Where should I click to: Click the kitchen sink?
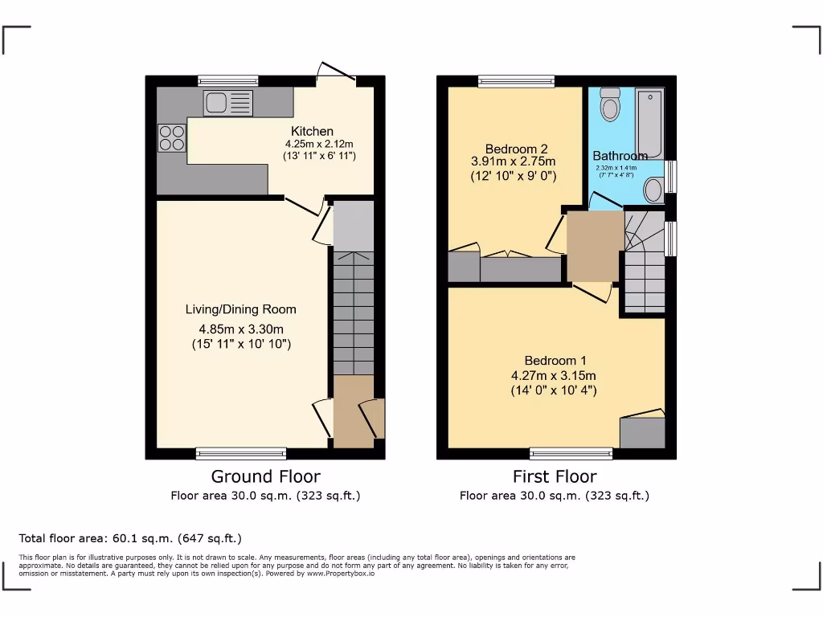tap(227, 103)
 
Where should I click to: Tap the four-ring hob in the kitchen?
tap(171, 137)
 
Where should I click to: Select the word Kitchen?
tap(312, 132)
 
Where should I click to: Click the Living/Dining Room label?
tap(240, 309)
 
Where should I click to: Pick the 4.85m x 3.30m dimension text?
tap(240, 329)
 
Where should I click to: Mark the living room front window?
tap(241, 453)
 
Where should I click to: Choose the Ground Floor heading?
tap(265, 476)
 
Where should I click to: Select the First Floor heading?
tap(555, 476)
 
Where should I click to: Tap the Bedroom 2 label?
tap(516, 149)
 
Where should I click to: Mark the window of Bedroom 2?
tap(515, 80)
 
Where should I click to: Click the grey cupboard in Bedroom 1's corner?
tap(642, 432)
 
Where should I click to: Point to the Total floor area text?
tap(129, 538)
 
